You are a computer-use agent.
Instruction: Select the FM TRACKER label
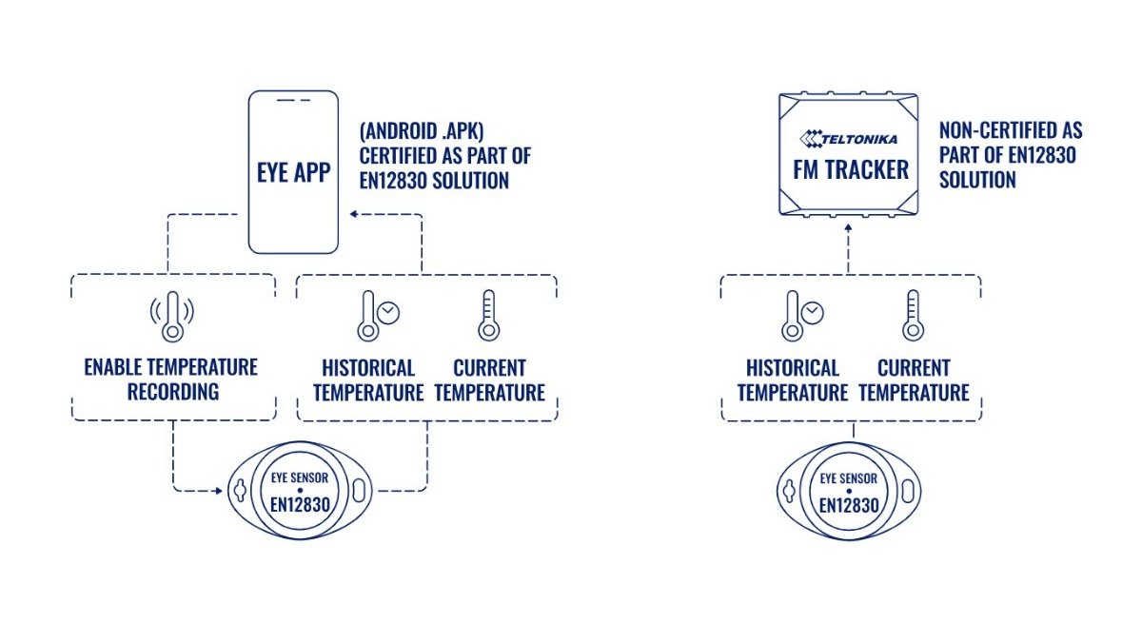(850, 171)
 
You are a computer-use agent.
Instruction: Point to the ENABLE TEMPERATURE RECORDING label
(171, 380)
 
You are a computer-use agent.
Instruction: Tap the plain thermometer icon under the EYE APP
(489, 316)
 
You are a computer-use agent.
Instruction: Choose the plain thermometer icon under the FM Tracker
(914, 316)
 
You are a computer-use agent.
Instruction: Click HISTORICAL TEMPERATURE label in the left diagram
(368, 380)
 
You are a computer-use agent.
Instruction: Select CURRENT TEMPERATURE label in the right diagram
(914, 380)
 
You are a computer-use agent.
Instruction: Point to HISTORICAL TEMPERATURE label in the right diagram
(793, 380)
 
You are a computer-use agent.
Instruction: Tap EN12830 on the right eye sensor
(849, 504)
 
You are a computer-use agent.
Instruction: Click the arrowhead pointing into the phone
(353, 215)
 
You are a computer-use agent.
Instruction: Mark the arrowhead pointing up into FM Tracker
(848, 229)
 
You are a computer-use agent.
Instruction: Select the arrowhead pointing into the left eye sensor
(217, 491)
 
